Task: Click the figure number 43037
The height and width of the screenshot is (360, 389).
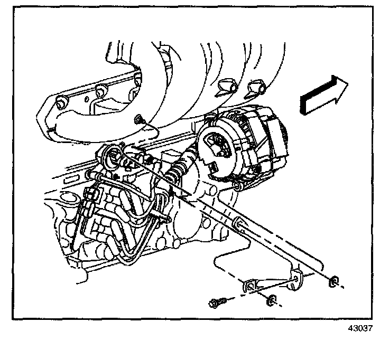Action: [360, 328]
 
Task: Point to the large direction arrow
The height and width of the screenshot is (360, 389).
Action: [324, 95]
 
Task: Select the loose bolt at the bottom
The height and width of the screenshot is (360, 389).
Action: [218, 302]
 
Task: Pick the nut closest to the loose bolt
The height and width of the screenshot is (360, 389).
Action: [271, 300]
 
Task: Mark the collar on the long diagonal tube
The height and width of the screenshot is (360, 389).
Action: [238, 222]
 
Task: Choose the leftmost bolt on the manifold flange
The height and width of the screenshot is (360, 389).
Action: [61, 102]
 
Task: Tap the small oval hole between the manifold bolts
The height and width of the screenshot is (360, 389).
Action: [87, 99]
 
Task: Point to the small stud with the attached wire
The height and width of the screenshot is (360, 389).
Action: [138, 120]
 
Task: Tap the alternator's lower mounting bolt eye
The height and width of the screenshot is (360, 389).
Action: [237, 187]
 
